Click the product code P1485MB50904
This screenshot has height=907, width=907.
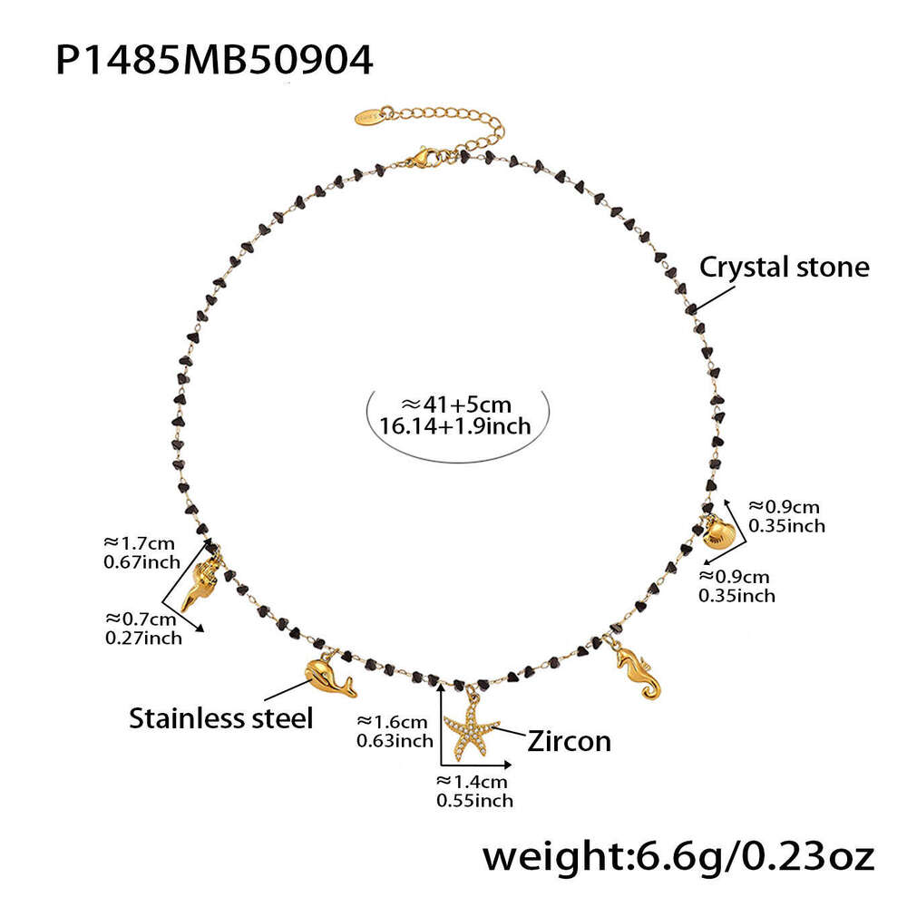pos(214,60)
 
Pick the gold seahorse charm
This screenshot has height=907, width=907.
pos(638,672)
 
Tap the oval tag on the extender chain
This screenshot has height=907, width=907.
pos(369,115)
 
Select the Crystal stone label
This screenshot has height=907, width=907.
pos(784,268)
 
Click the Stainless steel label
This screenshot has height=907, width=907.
pos(220,718)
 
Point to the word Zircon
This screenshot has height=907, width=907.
pos(569,741)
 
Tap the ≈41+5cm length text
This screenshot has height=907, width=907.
pos(456,405)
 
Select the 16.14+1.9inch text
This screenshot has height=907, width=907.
pos(455,426)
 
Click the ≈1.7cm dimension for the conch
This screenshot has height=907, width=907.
pos(139,543)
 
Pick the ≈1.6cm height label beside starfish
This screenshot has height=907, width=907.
pos(392,721)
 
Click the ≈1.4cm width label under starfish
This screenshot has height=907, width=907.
pos(472,782)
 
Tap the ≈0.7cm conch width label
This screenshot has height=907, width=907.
pos(141,619)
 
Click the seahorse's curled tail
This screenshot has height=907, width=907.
pos(651,690)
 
